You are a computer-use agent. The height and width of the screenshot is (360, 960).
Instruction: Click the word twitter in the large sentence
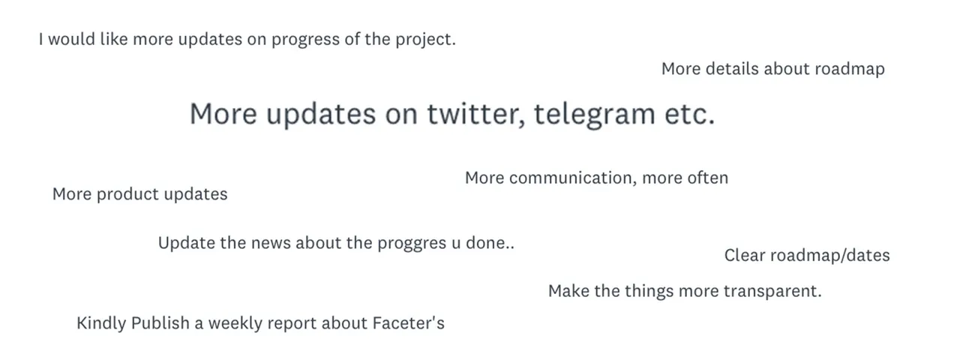pyautogui.click(x=476, y=114)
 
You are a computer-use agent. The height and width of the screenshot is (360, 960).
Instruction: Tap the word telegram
pyautogui.click(x=595, y=115)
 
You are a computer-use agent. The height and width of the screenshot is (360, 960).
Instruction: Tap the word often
pyautogui.click(x=707, y=178)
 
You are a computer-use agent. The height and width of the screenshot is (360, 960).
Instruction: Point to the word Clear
pyautogui.click(x=745, y=256)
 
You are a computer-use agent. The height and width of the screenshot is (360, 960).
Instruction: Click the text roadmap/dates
pyautogui.click(x=830, y=256)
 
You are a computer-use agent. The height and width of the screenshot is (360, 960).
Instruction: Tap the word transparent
pyautogui.click(x=772, y=292)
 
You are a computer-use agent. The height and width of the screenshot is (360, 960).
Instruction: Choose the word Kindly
pyautogui.click(x=101, y=323)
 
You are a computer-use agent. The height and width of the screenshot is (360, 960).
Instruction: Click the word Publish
pyautogui.click(x=160, y=322)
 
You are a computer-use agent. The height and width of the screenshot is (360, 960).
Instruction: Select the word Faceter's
pyautogui.click(x=409, y=322)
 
